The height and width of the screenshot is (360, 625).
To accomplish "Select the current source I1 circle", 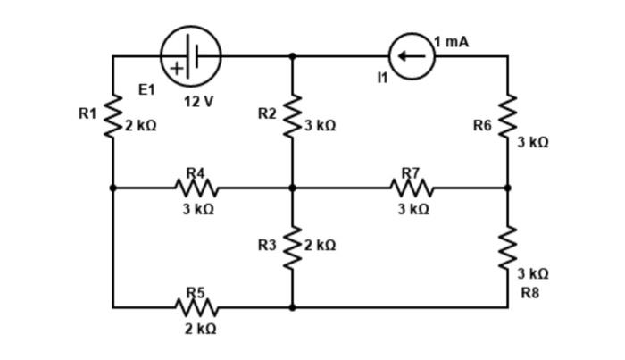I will [412, 56].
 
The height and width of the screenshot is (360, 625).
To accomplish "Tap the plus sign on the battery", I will [177, 68].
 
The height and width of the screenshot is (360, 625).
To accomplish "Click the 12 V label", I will [198, 101].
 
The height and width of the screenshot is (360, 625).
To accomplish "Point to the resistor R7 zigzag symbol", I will [412, 188].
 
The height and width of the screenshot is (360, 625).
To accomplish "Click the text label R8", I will [529, 292].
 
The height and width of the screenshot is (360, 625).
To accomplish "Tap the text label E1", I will [146, 89].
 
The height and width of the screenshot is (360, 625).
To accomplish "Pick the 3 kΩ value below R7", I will [413, 209].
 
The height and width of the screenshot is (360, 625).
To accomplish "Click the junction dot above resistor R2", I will [292, 56].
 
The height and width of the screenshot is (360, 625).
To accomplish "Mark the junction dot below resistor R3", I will [292, 307].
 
